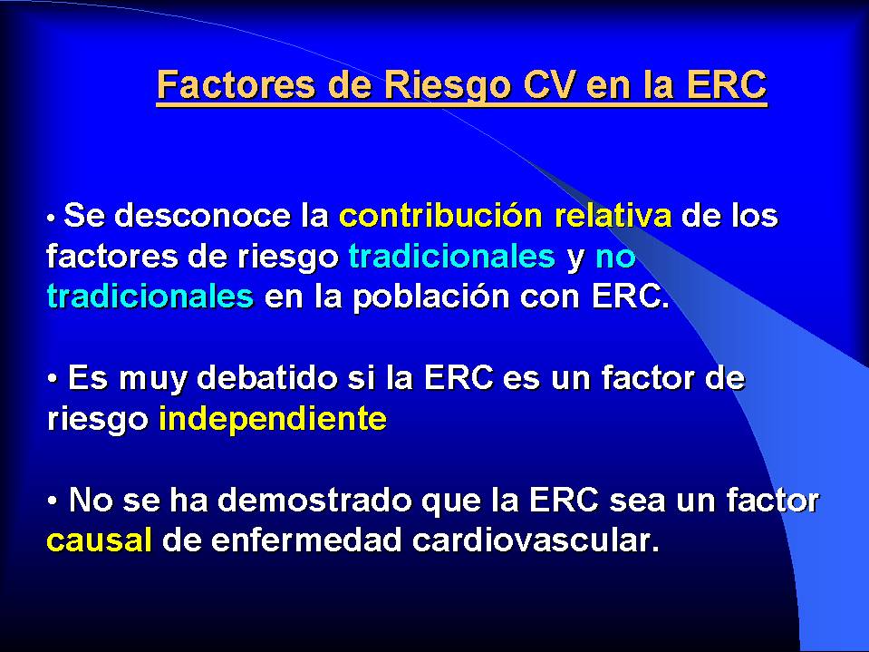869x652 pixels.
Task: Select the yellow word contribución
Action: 440,215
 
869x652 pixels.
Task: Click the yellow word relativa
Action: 613,215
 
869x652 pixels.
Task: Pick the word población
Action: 431,297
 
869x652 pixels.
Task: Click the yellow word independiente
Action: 273,419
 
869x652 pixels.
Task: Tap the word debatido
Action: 267,378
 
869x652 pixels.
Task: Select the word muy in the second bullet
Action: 153,380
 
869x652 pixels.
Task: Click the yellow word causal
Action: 99,540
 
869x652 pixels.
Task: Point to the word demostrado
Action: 314,500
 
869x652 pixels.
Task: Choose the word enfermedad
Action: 306,540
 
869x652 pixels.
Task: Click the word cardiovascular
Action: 536,540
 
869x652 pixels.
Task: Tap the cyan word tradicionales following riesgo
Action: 451,256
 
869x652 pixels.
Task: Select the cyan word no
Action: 615,258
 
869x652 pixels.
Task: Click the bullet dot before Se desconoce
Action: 51,219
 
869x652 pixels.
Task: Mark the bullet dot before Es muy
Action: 53,379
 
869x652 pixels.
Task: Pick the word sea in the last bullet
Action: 637,501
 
